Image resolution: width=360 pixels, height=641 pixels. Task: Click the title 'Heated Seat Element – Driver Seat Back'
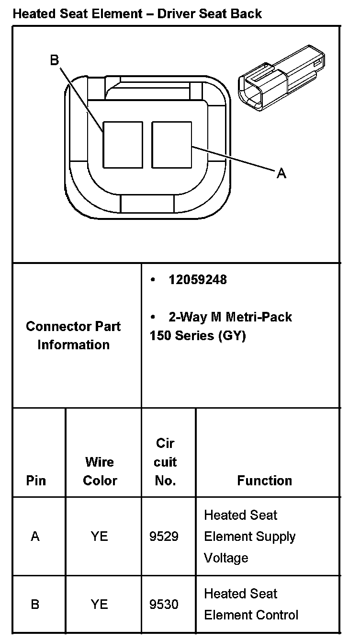pyautogui.click(x=137, y=13)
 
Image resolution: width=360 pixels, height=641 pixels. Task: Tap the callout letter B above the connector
pyautogui.click(x=54, y=60)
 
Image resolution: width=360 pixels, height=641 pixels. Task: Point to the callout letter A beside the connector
pyautogui.click(x=281, y=173)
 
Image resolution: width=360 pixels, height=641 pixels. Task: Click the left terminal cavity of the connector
pyautogui.click(x=123, y=145)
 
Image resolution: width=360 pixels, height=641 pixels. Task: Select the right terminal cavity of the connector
pyautogui.click(x=171, y=145)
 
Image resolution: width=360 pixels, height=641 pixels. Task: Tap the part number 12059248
pyautogui.click(x=197, y=280)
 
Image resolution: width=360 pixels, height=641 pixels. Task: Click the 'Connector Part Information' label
pyautogui.click(x=73, y=335)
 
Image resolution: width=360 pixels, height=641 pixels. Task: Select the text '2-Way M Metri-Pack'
pyautogui.click(x=230, y=317)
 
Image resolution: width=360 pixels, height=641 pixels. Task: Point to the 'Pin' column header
pyautogui.click(x=36, y=481)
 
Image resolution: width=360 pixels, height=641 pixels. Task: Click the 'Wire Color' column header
pyautogui.click(x=100, y=471)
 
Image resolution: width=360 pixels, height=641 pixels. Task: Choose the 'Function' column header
pyautogui.click(x=264, y=481)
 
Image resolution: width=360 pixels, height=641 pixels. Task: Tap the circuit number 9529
pyautogui.click(x=164, y=537)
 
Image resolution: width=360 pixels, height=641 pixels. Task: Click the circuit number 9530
pyautogui.click(x=164, y=605)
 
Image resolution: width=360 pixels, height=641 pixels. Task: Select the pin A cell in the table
pyautogui.click(x=35, y=537)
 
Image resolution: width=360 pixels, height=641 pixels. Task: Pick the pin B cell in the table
pyautogui.click(x=35, y=605)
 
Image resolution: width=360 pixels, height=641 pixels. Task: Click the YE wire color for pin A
pyautogui.click(x=100, y=537)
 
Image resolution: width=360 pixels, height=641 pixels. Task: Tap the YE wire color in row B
pyautogui.click(x=100, y=605)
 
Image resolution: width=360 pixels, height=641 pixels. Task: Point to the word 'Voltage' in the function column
pyautogui.click(x=226, y=558)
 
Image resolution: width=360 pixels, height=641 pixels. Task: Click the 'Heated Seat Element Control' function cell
pyautogui.click(x=251, y=605)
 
